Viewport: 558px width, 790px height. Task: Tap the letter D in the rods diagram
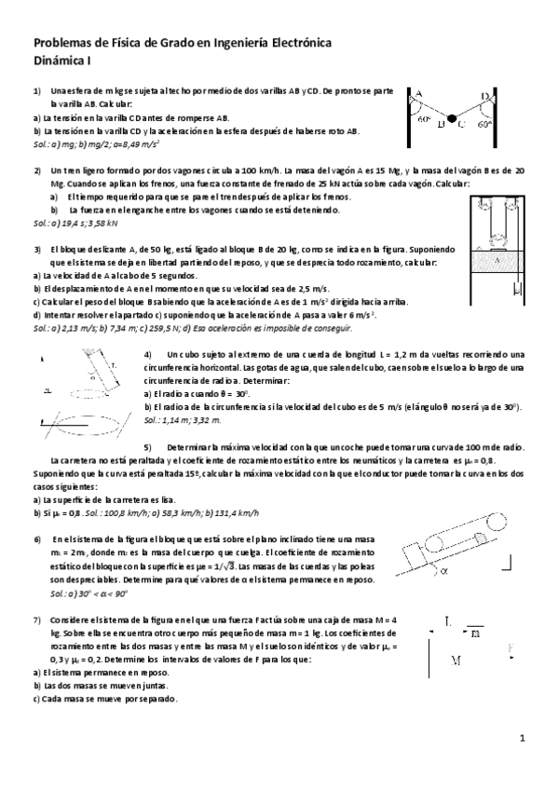(484, 95)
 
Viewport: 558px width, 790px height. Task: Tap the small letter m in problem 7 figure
(475, 633)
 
